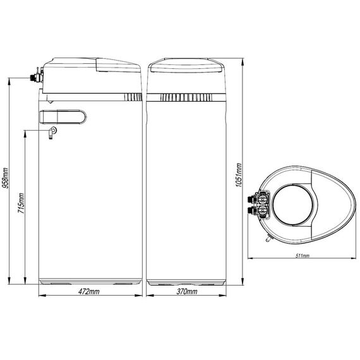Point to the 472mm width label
(x=89, y=292)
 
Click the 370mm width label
(x=187, y=292)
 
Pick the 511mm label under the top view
(x=302, y=256)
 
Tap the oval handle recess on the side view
(x=63, y=117)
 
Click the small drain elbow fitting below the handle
(x=52, y=133)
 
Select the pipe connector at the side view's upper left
(x=36, y=76)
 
